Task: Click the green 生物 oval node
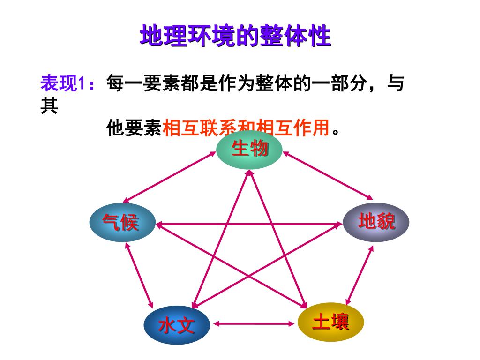click(x=249, y=150)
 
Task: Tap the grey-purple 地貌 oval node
click(x=376, y=222)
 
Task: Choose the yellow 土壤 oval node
click(x=331, y=322)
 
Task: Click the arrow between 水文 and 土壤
click(x=254, y=323)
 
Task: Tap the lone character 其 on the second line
click(x=49, y=105)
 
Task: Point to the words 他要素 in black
click(x=134, y=127)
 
